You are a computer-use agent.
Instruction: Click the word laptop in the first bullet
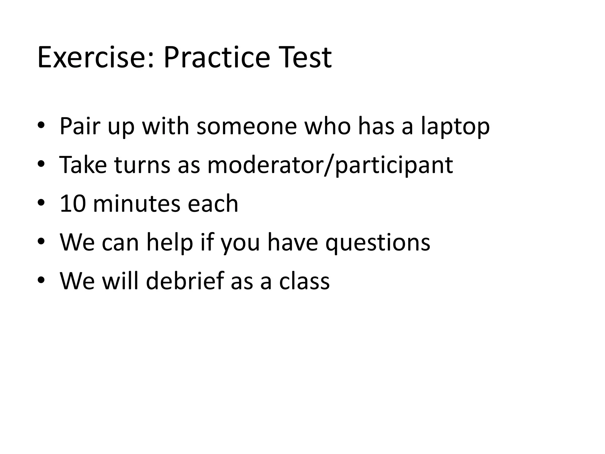455,127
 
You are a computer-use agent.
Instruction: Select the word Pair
79,127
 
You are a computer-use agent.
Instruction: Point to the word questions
378,242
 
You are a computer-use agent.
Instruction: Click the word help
170,242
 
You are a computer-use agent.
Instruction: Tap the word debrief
185,281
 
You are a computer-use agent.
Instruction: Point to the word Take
83,165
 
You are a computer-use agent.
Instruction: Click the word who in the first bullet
328,127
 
